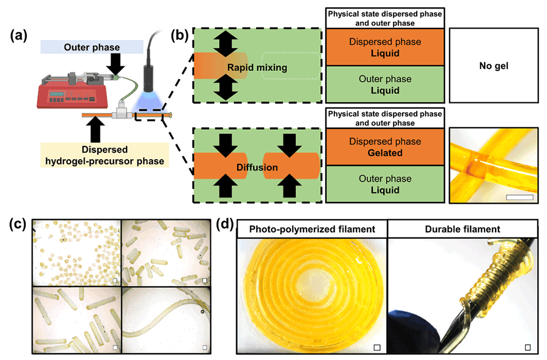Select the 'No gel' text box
pos(494,66)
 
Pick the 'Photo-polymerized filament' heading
pos(312,229)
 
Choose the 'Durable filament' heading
pos(462,229)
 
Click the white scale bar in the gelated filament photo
pos(521,197)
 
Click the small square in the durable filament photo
pos(529,347)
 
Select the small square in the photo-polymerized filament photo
pos(376,347)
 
